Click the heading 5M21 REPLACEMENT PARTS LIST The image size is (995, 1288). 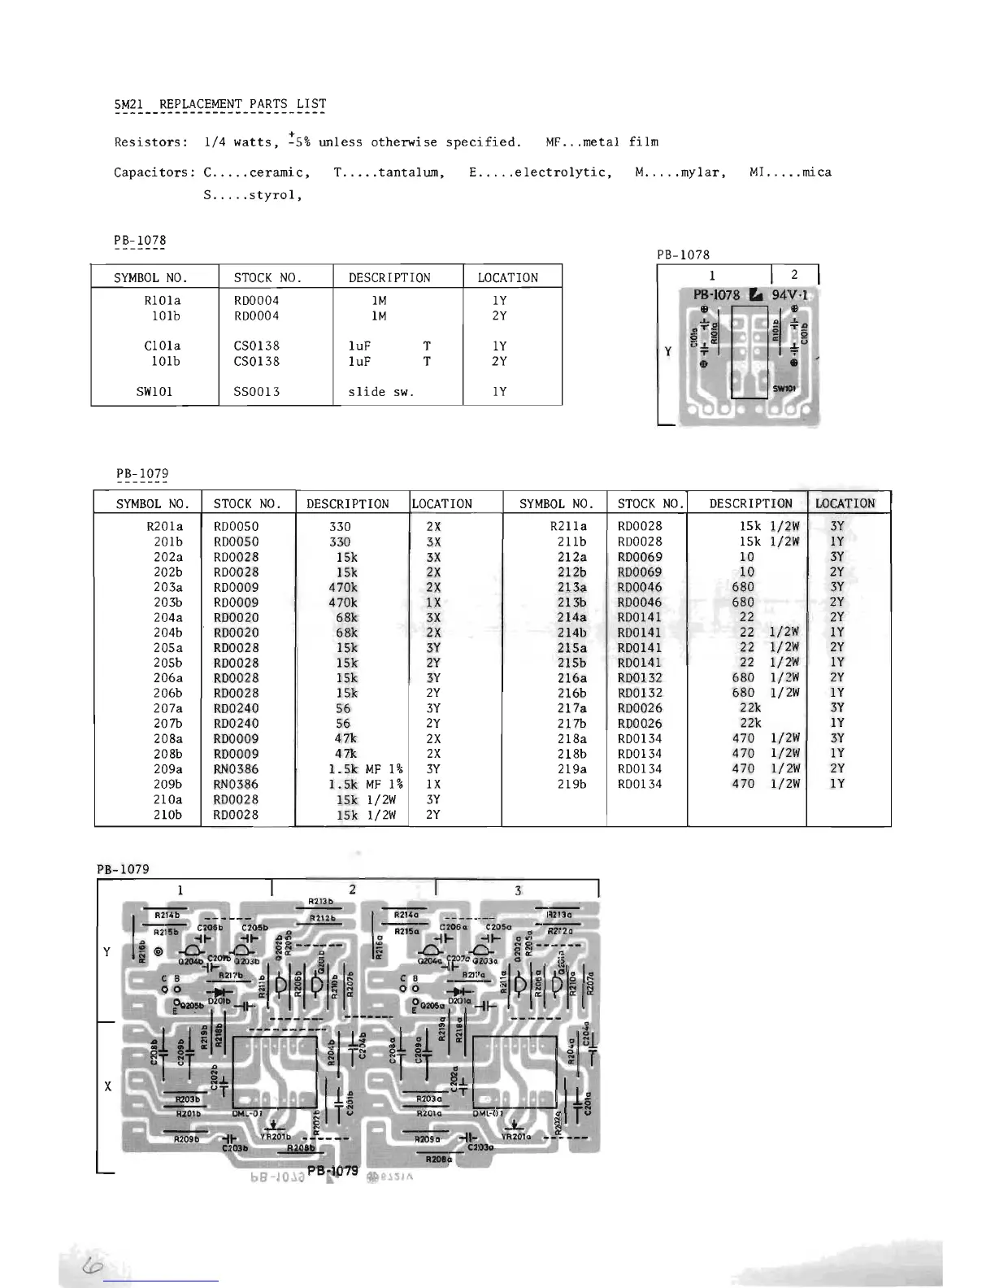click(x=220, y=104)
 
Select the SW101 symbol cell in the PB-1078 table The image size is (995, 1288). click(x=154, y=391)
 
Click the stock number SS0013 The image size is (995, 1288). click(x=256, y=391)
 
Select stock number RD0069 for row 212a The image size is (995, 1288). click(x=640, y=557)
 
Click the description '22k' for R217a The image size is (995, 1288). click(x=750, y=708)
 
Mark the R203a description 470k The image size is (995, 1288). click(x=342, y=587)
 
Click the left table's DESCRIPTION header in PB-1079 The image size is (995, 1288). click(x=347, y=504)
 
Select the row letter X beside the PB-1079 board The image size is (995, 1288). click(x=108, y=1086)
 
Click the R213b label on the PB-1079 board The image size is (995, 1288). click(x=322, y=902)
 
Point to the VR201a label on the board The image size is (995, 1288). click(x=516, y=1136)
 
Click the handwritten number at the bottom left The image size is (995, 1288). click(x=87, y=1267)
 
